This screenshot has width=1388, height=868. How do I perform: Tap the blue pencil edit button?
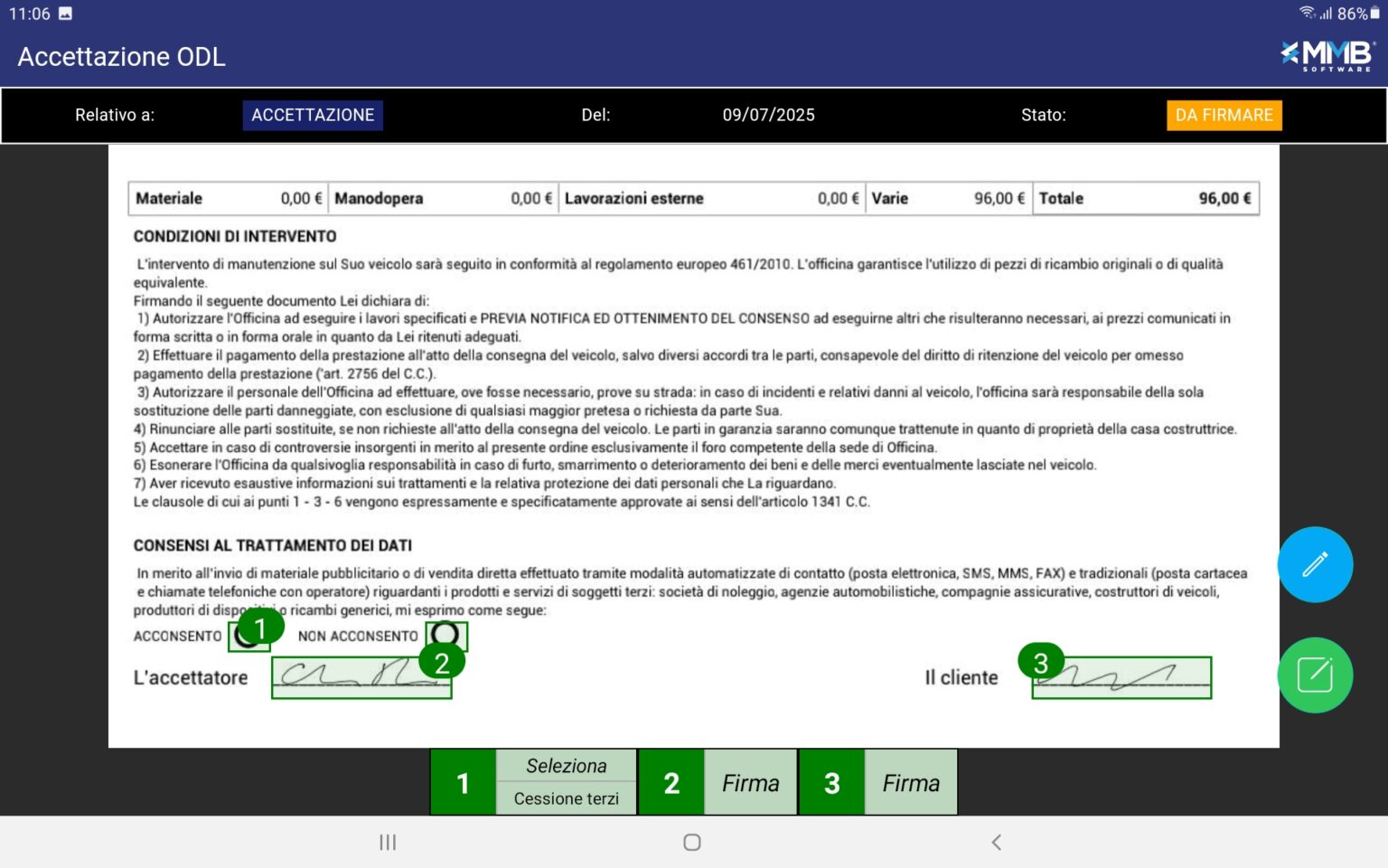(x=1315, y=564)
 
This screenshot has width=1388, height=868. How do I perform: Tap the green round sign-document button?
(x=1315, y=675)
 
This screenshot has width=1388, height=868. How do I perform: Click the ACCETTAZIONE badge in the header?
(x=313, y=115)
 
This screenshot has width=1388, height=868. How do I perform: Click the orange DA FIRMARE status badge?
(x=1224, y=115)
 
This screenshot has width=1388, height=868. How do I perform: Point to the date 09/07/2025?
(x=768, y=115)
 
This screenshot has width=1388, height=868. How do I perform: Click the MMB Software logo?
(x=1327, y=55)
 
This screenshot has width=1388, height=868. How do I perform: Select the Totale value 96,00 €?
(x=1224, y=198)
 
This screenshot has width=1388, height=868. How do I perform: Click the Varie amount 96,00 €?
(x=999, y=198)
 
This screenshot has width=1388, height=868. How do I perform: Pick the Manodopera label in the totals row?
(x=379, y=198)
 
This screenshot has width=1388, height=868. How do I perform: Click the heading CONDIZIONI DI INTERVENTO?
(x=235, y=236)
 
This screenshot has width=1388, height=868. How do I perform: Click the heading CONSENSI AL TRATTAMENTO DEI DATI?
(x=273, y=545)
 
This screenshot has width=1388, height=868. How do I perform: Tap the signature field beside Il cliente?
(x=1121, y=678)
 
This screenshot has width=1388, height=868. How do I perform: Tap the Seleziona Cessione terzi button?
(x=567, y=782)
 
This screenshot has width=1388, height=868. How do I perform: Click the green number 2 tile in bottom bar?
(x=671, y=782)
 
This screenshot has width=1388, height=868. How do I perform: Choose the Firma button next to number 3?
(x=911, y=782)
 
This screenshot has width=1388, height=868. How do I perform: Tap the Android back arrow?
(x=996, y=842)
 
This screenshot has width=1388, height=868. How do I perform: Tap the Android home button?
(x=692, y=842)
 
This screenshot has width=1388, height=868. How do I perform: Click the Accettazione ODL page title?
(x=122, y=56)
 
